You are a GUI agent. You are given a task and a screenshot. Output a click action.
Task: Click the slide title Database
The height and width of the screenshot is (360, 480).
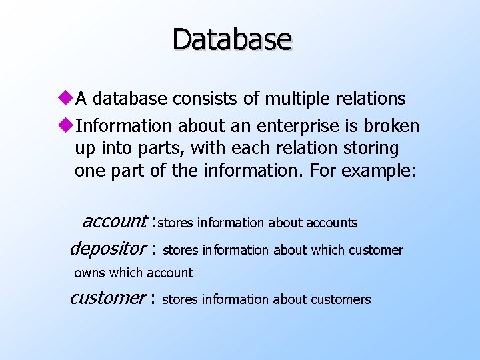[x=232, y=39]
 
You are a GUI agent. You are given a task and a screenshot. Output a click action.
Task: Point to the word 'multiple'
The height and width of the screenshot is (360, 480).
[x=293, y=99]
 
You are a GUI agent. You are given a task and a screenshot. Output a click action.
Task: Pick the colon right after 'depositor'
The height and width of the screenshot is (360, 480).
[x=153, y=250]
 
